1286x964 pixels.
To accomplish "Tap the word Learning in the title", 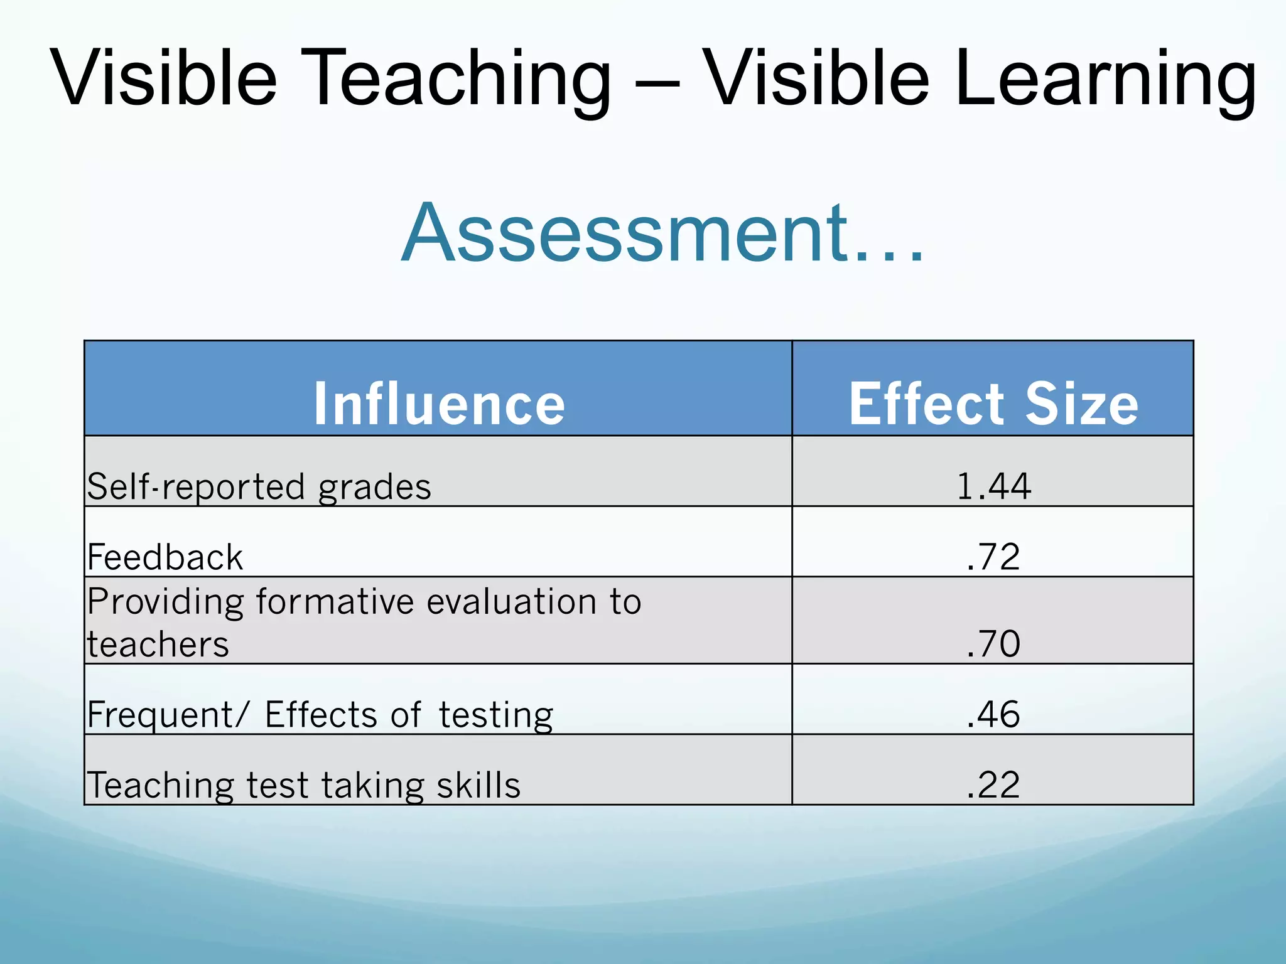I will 1105,80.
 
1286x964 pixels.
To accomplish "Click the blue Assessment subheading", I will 662,232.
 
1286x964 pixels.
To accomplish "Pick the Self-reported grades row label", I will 259,487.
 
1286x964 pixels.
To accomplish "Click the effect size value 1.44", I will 993,486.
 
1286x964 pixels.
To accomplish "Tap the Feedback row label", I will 165,557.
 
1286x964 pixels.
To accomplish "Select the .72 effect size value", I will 993,557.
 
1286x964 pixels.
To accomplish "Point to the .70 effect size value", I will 993,643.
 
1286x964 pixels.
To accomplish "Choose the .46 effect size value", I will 993,714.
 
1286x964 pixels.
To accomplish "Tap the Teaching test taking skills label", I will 303,785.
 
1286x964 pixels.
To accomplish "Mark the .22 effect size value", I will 993,785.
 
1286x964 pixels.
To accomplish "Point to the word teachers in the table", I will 158,645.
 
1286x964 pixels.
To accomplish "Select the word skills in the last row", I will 478,785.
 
